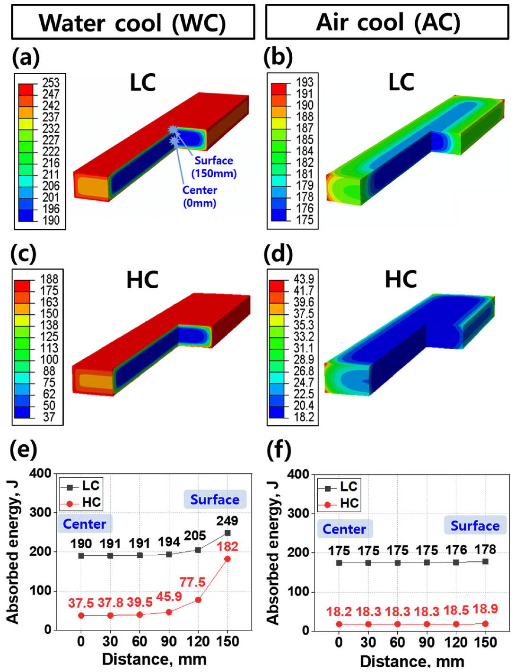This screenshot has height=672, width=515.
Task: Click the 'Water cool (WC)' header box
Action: [x=133, y=22]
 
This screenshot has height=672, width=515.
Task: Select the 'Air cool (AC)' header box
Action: [x=387, y=22]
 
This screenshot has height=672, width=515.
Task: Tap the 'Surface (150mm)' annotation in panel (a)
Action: [x=214, y=167]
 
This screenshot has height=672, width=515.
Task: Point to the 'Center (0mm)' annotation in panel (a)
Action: [x=200, y=197]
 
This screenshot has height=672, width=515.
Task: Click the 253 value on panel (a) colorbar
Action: [x=51, y=83]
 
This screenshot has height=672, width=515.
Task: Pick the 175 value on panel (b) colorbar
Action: [x=305, y=220]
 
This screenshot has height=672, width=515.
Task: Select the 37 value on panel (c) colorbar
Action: [x=49, y=417]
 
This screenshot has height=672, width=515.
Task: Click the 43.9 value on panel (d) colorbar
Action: [x=304, y=279]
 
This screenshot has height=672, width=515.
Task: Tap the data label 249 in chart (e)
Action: [x=227, y=521]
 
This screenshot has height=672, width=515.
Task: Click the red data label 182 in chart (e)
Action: [x=227, y=547]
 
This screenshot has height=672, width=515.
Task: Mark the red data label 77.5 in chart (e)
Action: [x=192, y=582]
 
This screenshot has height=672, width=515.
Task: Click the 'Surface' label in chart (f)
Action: [x=475, y=526]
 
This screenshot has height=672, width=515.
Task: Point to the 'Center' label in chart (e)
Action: [x=85, y=524]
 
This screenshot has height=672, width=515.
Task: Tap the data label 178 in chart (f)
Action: [x=485, y=550]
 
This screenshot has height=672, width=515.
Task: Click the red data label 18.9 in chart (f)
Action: [x=485, y=609]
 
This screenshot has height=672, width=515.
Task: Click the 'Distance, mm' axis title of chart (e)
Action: [x=154, y=659]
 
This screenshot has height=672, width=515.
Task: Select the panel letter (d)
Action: [x=278, y=254]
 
